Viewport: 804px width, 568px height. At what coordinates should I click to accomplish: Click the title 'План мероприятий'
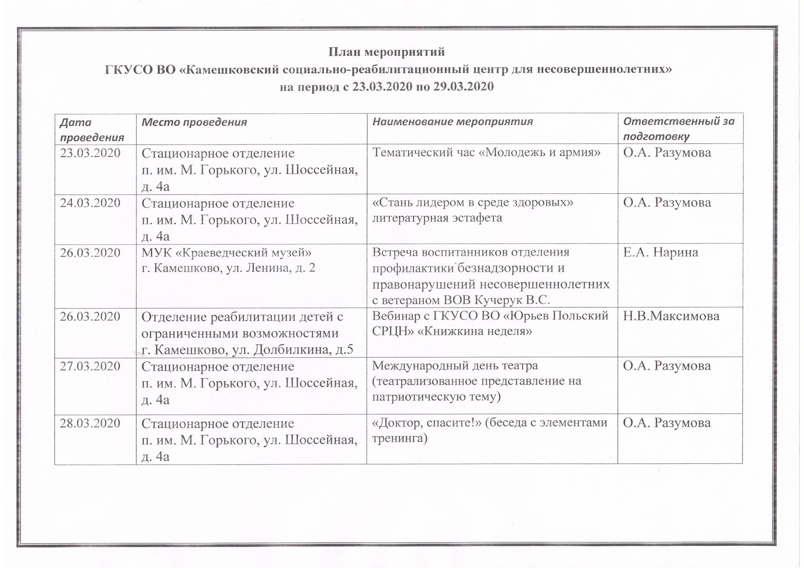click(x=386, y=52)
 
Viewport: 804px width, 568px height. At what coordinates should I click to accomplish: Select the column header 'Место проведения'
click(x=194, y=122)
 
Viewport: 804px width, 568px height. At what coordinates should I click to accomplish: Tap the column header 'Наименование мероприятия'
click(x=452, y=121)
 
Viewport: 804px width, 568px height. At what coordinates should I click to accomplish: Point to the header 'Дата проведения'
click(x=92, y=129)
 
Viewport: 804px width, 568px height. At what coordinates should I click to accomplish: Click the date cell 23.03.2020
click(x=90, y=153)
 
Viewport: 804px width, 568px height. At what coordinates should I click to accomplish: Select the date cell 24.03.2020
click(x=90, y=203)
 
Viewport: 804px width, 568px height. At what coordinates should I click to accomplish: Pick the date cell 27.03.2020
click(x=90, y=366)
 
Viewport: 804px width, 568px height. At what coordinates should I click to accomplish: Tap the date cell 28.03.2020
click(x=90, y=423)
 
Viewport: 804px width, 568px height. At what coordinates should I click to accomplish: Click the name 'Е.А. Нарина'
click(x=660, y=252)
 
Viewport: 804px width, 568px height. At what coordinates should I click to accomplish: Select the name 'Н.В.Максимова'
click(x=671, y=316)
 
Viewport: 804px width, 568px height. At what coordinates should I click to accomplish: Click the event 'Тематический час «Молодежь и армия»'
click(x=486, y=152)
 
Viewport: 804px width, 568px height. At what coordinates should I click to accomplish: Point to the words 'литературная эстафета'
click(x=437, y=218)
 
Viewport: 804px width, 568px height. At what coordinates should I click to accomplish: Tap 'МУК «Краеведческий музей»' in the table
click(x=227, y=253)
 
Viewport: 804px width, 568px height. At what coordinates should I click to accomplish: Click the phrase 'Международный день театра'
click(x=455, y=366)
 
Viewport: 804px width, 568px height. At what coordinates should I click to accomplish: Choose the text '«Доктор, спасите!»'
click(x=426, y=423)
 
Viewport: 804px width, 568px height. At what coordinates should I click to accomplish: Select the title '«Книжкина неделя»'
click(x=475, y=332)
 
